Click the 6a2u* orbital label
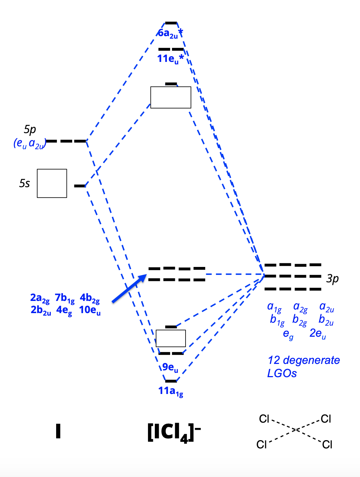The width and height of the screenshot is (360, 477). [x=170, y=33]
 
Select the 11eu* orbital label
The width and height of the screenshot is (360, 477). [x=171, y=59]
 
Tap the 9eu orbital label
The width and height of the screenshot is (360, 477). [x=170, y=367]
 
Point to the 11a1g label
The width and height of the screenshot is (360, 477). [x=171, y=391]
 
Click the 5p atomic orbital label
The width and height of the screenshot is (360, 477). [x=30, y=129]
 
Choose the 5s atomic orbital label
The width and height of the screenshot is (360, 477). [x=24, y=183]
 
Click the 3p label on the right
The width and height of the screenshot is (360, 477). [x=332, y=278]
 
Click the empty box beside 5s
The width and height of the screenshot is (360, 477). [x=52, y=183]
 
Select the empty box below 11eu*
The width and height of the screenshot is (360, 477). [x=171, y=97]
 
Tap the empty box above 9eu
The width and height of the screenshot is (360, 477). [x=171, y=338]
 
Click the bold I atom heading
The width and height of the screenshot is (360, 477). [x=58, y=431]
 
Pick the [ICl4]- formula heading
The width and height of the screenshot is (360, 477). [x=174, y=432]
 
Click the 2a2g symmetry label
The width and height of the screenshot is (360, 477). [x=40, y=298]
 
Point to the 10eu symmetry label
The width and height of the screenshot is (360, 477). [x=90, y=310]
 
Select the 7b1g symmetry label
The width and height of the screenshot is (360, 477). [x=64, y=298]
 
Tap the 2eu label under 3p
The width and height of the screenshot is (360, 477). [x=317, y=334]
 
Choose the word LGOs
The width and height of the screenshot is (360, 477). [x=282, y=373]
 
